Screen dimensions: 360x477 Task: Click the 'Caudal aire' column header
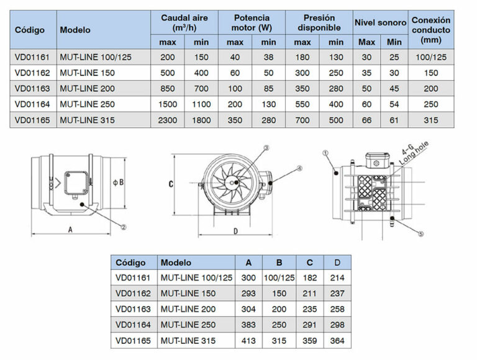point(184,22)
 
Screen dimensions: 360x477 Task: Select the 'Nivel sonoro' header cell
point(379,22)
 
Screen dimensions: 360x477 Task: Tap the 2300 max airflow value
point(166,120)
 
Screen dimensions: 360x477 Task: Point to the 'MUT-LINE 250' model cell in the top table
point(88,104)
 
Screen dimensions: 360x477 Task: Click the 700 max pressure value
point(302,120)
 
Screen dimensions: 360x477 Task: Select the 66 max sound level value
point(366,120)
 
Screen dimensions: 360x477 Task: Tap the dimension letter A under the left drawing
point(71,229)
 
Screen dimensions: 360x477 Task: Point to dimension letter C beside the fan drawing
point(171,184)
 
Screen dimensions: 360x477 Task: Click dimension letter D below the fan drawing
point(235,231)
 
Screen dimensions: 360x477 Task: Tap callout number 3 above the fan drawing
point(266,148)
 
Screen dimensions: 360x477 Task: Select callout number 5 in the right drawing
point(420,234)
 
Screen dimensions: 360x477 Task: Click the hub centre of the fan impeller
point(235,181)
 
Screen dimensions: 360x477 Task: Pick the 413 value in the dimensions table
point(248,340)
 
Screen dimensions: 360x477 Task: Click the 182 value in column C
point(307,277)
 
